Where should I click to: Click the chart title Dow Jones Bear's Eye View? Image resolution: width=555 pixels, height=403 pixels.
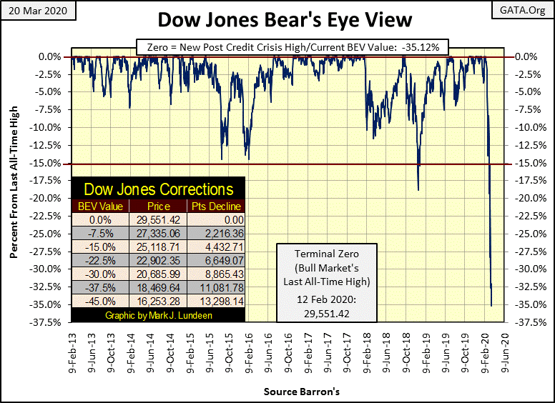pos(277,19)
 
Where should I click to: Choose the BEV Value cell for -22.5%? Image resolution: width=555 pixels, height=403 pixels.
pos(101,262)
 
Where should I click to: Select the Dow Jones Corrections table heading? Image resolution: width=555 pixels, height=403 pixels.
pos(158,189)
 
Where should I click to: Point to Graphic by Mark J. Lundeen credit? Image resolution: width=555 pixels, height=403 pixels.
pos(158,316)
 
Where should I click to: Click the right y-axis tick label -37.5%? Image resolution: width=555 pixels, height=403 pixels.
pos(526,322)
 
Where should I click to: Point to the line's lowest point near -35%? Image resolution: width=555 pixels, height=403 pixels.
pos(491,306)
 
